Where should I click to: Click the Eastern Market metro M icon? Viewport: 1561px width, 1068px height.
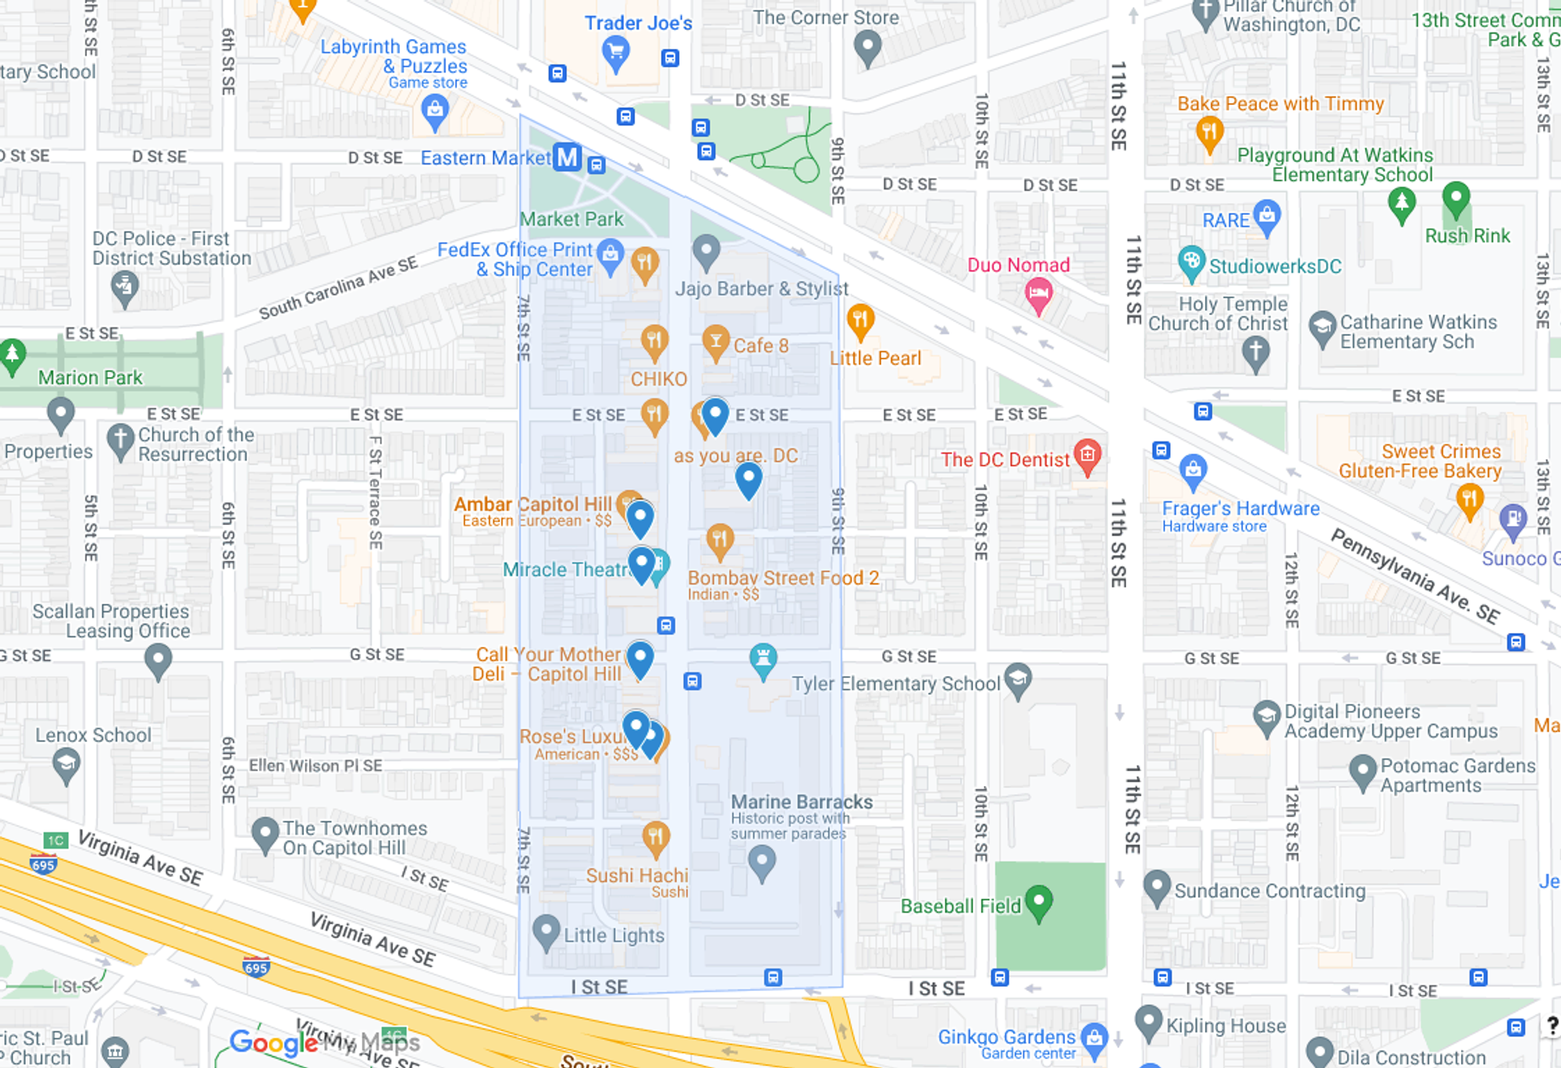pyautogui.click(x=567, y=157)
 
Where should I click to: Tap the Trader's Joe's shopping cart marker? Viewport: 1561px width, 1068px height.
pyautogui.click(x=615, y=52)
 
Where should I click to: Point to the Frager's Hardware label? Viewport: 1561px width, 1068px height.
pyautogui.click(x=1240, y=509)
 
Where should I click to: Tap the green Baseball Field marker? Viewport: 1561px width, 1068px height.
pyautogui.click(x=1039, y=901)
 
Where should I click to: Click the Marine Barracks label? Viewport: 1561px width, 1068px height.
pyautogui.click(x=802, y=802)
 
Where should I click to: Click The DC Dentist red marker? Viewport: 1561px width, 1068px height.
pyautogui.click(x=1088, y=455)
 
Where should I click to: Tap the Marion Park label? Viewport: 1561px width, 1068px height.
pyautogui.click(x=90, y=378)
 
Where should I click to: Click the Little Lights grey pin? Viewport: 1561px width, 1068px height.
pyautogui.click(x=546, y=931)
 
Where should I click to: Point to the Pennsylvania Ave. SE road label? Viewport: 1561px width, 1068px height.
pyautogui.click(x=1415, y=575)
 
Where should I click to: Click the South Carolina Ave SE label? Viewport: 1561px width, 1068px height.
pyautogui.click(x=338, y=288)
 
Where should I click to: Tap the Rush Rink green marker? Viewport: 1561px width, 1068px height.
pyautogui.click(x=1455, y=198)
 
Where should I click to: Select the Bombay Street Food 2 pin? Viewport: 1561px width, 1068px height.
pyautogui.click(x=720, y=540)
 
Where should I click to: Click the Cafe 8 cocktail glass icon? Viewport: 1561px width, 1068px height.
pyautogui.click(x=715, y=342)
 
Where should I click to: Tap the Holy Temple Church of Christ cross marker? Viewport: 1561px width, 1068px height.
pyautogui.click(x=1255, y=353)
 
